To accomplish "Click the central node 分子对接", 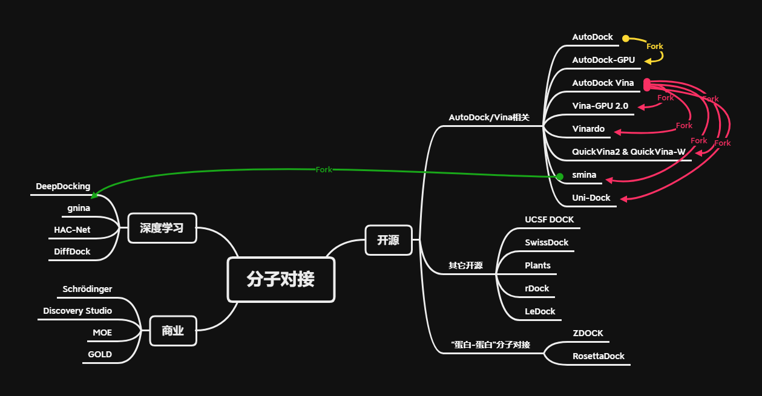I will pos(281,279).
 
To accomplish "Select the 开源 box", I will pos(388,240).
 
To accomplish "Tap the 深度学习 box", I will pos(162,228).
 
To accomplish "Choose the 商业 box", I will pos(172,331).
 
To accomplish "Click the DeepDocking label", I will pos(63,186).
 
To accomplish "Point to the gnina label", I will pos(79,208).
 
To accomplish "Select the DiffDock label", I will pos(72,252).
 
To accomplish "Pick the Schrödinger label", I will pos(87,289).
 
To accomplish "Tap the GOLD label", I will pos(100,354).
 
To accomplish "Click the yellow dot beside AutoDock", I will pos(626,38).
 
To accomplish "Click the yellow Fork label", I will pos(655,47).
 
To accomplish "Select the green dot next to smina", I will pos(560,176).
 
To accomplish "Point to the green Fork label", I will pos(324,170).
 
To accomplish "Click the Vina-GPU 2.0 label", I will pos(600,106).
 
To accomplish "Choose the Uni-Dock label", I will pos(591,198).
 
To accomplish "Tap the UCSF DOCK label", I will pos(549,219).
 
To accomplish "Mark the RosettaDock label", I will pos(599,356).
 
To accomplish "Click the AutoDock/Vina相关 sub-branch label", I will pos(489,117).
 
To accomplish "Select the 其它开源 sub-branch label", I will pos(465,265).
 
